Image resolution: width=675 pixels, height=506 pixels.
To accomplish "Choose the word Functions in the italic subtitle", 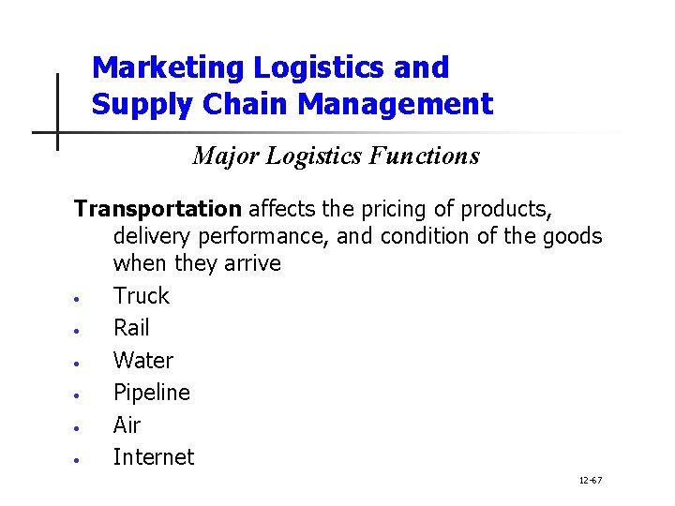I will pyautogui.click(x=424, y=156).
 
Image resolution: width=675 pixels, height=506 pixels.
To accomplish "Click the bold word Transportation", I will pyautogui.click(x=157, y=208).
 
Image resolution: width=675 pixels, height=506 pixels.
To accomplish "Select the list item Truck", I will pyautogui.click(x=142, y=296).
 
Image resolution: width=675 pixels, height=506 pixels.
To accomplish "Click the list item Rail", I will pyautogui.click(x=131, y=328).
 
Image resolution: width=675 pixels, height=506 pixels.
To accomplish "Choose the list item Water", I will pyautogui.click(x=143, y=361).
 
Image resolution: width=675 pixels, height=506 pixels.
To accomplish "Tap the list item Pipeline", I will pyautogui.click(x=152, y=393).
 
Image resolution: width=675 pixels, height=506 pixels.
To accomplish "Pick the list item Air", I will pyautogui.click(x=127, y=425).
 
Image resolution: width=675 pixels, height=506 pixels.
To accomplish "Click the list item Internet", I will pyautogui.click(x=154, y=457).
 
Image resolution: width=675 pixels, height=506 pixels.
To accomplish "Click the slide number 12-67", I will pyautogui.click(x=591, y=481).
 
